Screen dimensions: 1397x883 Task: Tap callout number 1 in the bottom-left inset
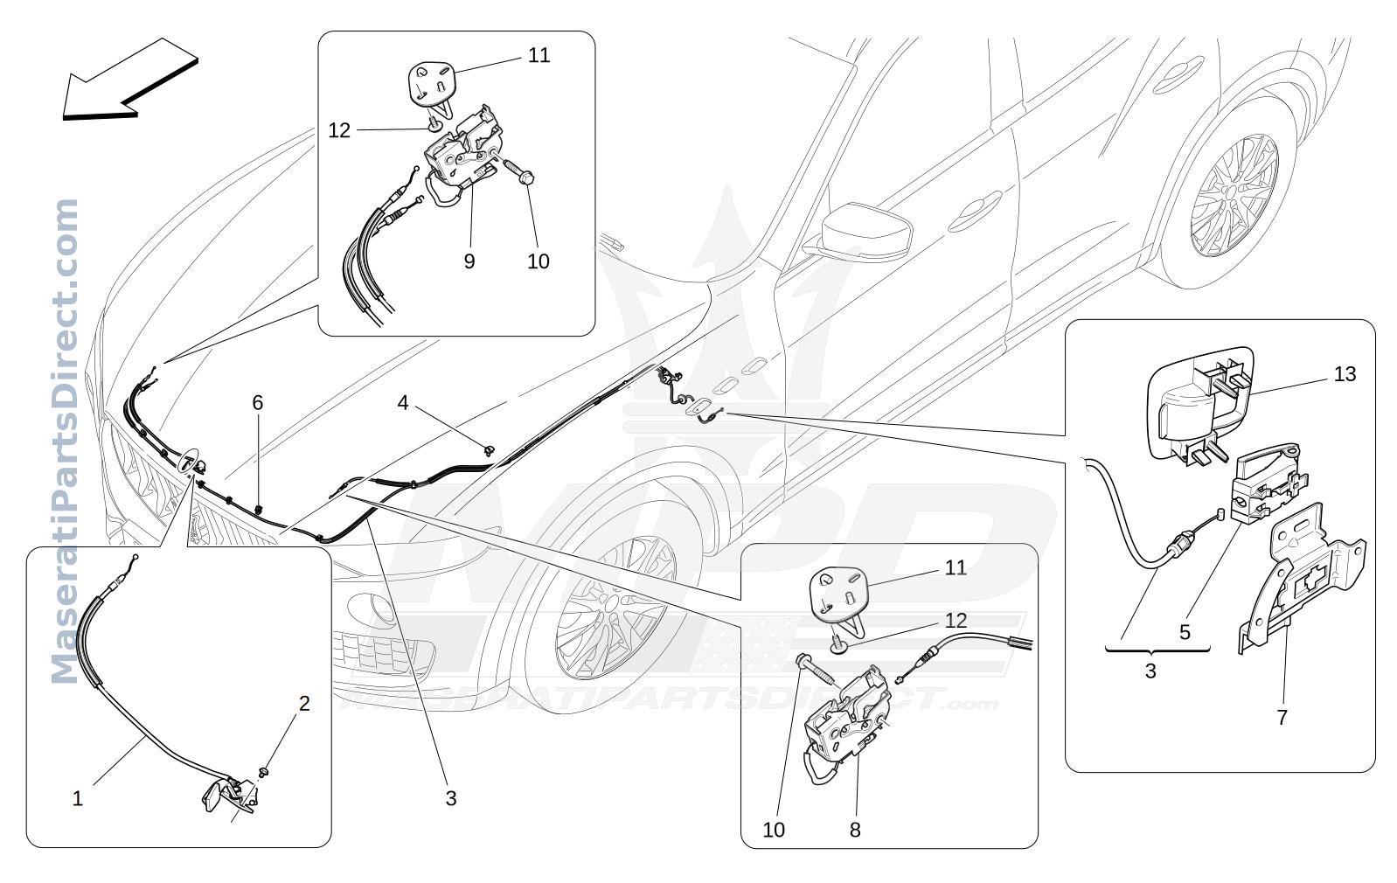click(77, 799)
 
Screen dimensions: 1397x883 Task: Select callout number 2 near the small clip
click(304, 704)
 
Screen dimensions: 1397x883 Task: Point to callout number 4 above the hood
click(403, 403)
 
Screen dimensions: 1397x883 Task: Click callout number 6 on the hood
click(258, 403)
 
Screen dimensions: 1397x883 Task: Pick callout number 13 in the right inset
click(1345, 374)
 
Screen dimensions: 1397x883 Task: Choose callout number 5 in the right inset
click(1185, 632)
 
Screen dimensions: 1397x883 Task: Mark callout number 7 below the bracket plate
click(1282, 718)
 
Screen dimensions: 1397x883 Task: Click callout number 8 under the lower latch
click(855, 830)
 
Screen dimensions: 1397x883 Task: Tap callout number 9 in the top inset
click(469, 261)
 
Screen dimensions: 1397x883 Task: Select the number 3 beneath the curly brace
click(1150, 671)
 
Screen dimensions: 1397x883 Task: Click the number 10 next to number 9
click(539, 261)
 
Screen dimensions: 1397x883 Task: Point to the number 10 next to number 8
click(774, 830)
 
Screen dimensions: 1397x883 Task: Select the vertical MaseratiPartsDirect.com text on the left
click(65, 441)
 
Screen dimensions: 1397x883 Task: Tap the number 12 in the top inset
click(339, 130)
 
